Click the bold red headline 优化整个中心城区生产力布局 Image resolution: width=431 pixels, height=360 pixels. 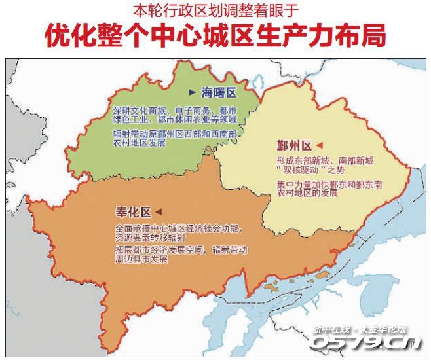click(x=215, y=36)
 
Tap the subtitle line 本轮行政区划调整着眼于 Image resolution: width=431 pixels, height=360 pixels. click(x=215, y=10)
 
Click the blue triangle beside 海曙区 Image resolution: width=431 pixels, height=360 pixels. click(x=192, y=93)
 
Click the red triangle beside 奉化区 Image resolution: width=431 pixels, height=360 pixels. click(x=157, y=213)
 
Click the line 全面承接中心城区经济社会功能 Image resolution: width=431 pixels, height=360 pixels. click(x=178, y=228)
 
